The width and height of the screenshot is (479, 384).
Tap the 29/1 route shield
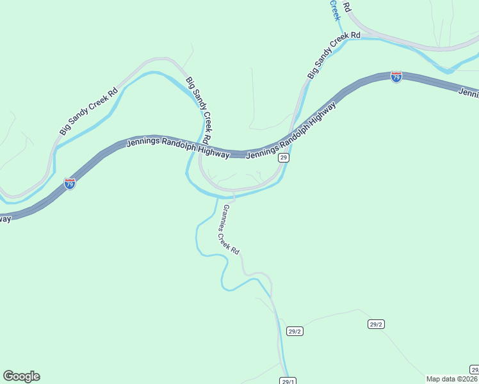point(288,381)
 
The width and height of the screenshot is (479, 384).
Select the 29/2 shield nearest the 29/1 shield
point(295,331)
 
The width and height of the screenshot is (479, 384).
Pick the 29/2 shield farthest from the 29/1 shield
point(376,324)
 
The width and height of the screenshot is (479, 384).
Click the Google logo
point(21,376)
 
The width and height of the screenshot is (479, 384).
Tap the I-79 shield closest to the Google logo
point(70,184)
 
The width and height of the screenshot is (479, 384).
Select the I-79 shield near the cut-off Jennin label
point(396,77)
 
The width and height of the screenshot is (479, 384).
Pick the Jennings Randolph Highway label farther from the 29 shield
point(178,148)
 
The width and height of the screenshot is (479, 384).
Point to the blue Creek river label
point(334,10)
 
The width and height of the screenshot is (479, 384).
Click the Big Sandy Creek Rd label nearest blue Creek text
point(334,54)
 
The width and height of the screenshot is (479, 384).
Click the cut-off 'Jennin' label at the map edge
point(469,93)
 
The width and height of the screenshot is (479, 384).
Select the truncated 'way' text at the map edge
point(6,218)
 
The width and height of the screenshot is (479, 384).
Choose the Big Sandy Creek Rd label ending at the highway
point(199,110)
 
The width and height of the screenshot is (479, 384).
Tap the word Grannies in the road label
point(225,217)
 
